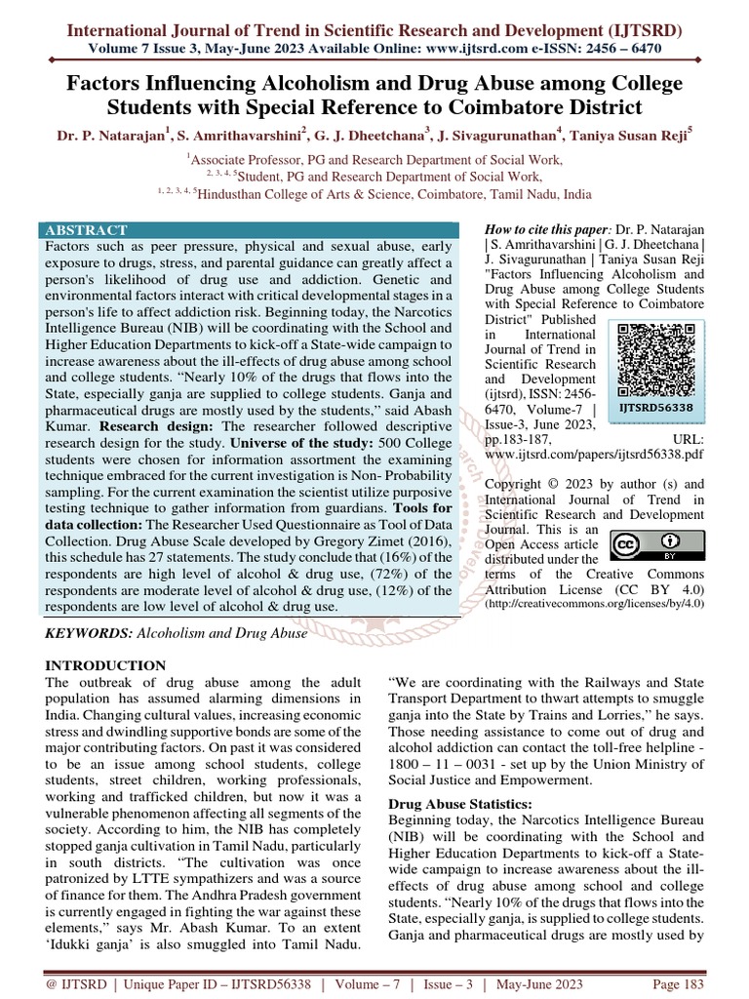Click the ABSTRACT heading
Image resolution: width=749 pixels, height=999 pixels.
pyautogui.click(x=86, y=230)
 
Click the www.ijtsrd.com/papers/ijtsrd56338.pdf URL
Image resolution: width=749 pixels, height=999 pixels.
pyautogui.click(x=594, y=455)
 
